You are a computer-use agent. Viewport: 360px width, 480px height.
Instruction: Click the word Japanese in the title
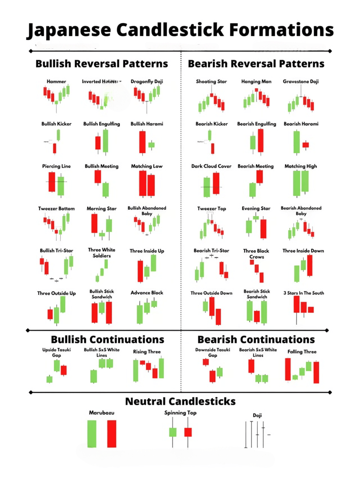pos(69,30)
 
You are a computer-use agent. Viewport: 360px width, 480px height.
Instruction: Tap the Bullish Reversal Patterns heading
pos(102,64)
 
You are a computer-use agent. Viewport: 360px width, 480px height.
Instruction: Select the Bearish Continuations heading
pos(256,340)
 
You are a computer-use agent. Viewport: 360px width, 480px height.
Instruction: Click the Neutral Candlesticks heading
pos(180,401)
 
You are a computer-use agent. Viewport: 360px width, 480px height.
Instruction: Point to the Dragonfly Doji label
pos(147,82)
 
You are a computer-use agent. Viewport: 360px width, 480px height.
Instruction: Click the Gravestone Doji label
pos(301,82)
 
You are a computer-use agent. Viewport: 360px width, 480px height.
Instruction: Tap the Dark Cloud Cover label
pos(211,166)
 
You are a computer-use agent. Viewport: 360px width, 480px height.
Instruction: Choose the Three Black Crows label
pos(256,254)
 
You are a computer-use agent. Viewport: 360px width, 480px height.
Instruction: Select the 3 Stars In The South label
pos(303,293)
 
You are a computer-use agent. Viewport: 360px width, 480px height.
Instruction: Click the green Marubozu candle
pos(92,434)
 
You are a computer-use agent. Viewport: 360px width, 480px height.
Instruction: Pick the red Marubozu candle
pos(112,434)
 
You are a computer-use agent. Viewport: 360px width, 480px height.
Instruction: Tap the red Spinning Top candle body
pos(188,432)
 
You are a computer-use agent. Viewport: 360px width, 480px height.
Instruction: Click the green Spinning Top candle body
pos(173,432)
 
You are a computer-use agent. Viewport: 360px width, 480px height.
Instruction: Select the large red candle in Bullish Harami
pos(142,142)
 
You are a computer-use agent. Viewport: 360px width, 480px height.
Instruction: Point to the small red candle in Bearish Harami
pos(306,145)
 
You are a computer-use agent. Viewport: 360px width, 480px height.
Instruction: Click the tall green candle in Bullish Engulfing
pos(105,141)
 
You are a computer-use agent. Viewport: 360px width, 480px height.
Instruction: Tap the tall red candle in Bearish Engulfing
pos(261,140)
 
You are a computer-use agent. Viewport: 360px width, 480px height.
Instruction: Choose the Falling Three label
pos(302,352)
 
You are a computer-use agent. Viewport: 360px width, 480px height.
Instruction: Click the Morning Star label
pos(102,208)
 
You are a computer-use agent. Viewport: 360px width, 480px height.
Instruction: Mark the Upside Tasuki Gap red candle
pos(64,370)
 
